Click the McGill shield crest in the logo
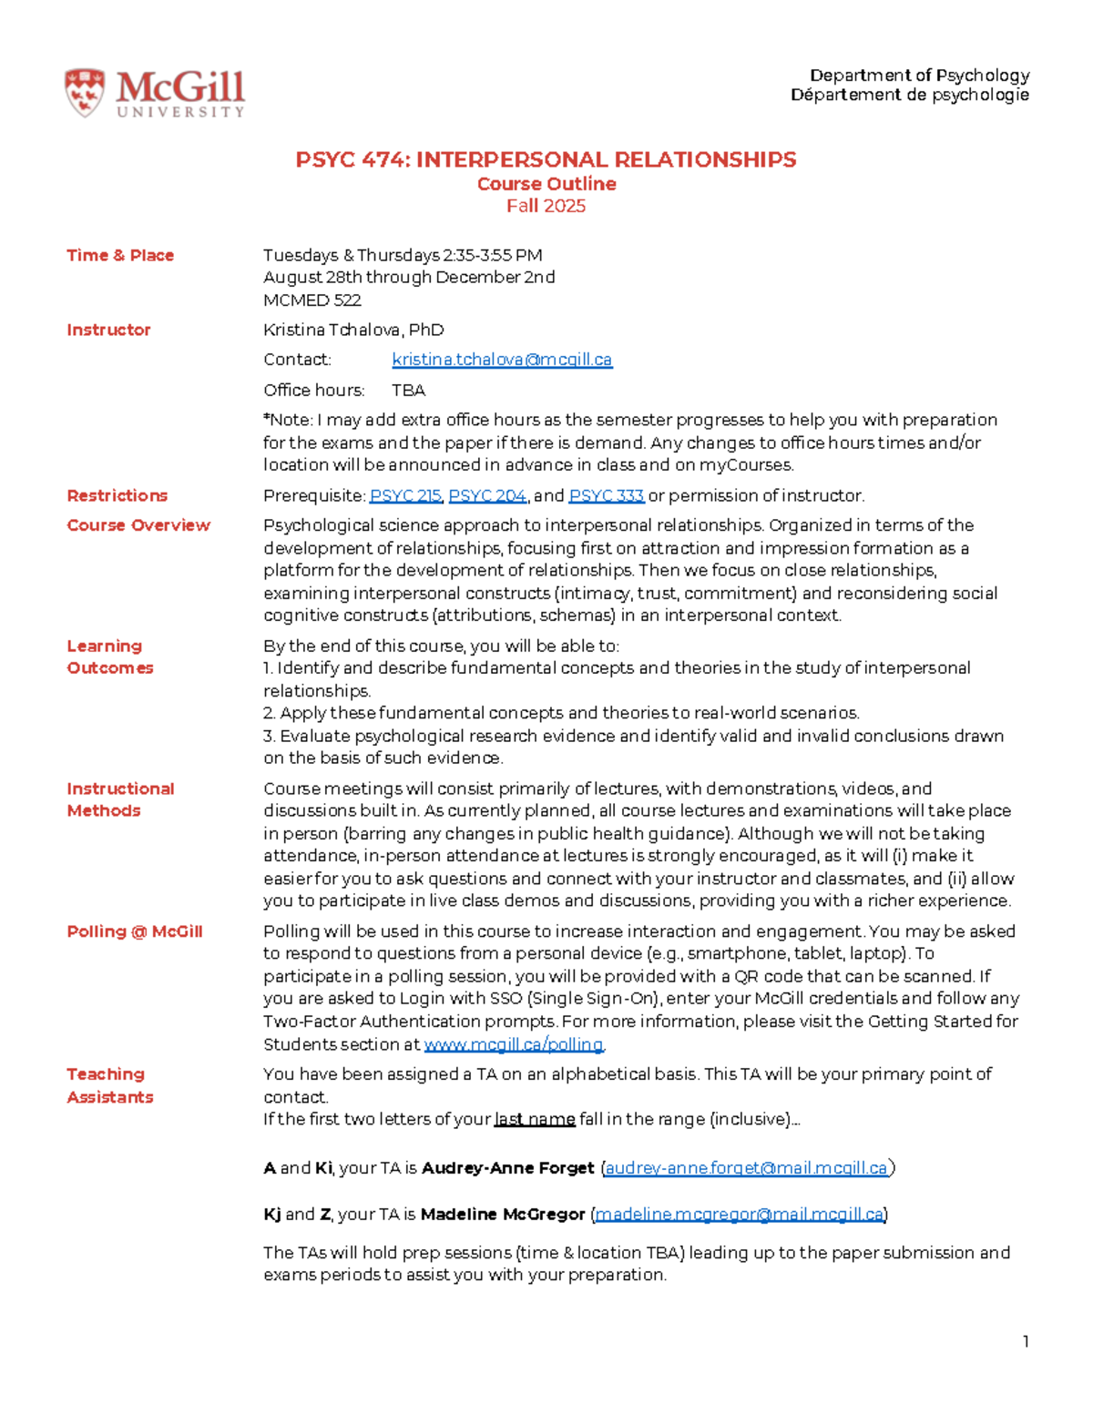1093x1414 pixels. click(84, 93)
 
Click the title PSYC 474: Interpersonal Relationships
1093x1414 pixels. click(546, 160)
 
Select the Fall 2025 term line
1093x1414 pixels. click(546, 206)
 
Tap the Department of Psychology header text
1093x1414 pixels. click(919, 76)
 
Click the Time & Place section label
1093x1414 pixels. click(120, 255)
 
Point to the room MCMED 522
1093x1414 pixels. click(312, 300)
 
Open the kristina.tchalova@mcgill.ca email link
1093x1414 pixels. click(502, 360)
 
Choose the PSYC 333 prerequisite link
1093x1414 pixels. click(606, 495)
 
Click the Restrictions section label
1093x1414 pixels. click(117, 495)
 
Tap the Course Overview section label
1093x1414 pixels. click(138, 525)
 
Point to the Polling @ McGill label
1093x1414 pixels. click(134, 931)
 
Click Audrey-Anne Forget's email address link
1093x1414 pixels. click(746, 1168)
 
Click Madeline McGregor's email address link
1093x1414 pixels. click(739, 1215)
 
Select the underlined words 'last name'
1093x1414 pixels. click(534, 1119)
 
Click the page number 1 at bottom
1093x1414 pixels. click(1026, 1341)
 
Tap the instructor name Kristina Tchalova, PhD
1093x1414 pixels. click(353, 330)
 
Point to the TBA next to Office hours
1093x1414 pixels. click(408, 390)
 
